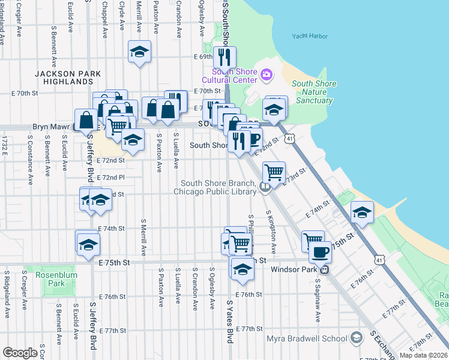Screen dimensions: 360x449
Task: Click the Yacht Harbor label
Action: [310, 37]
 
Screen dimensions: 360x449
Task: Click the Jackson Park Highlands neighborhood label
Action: [64, 77]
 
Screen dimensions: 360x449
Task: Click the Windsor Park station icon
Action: [324, 269]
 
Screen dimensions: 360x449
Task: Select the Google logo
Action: [20, 353]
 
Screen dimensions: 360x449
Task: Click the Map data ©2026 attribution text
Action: [423, 355]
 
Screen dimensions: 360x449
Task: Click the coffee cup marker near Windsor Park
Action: [321, 251]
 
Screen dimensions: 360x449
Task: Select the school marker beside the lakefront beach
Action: [362, 212]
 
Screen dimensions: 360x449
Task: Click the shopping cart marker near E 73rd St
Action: [274, 172]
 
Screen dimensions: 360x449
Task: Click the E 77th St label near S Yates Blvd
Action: [249, 329]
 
